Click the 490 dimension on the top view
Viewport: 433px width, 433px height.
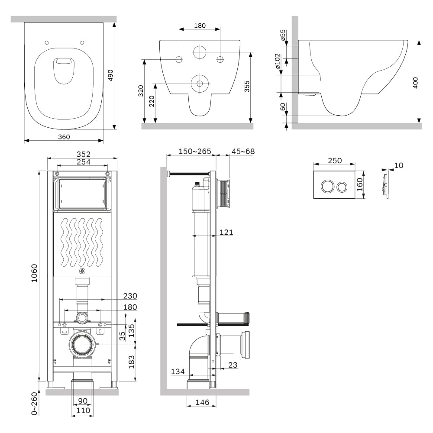pos(110,75)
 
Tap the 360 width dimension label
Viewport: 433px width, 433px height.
pos(64,137)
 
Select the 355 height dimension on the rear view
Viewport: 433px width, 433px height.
pos(247,86)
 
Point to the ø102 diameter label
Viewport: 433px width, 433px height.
pos(278,61)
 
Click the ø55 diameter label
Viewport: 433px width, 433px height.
pos(283,36)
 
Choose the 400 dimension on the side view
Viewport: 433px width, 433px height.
pos(415,83)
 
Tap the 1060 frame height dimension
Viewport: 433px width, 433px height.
pos(34,273)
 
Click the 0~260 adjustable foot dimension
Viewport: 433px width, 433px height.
pos(34,404)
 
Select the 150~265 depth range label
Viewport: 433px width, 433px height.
pos(195,151)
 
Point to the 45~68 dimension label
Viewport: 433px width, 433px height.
pos(243,151)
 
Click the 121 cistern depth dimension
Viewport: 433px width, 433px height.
pos(226,233)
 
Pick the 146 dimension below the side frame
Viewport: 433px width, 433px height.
pos(202,402)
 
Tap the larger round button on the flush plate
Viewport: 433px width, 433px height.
pos(327,186)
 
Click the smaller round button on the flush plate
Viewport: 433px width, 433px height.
pos(342,187)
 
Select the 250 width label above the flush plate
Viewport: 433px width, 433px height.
pos(335,161)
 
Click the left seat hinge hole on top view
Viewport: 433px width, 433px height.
pos(47,42)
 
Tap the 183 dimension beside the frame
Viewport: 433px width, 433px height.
pos(132,362)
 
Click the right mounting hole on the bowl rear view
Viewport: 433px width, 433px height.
pos(220,59)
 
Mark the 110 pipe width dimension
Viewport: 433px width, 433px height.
pos(83,410)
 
